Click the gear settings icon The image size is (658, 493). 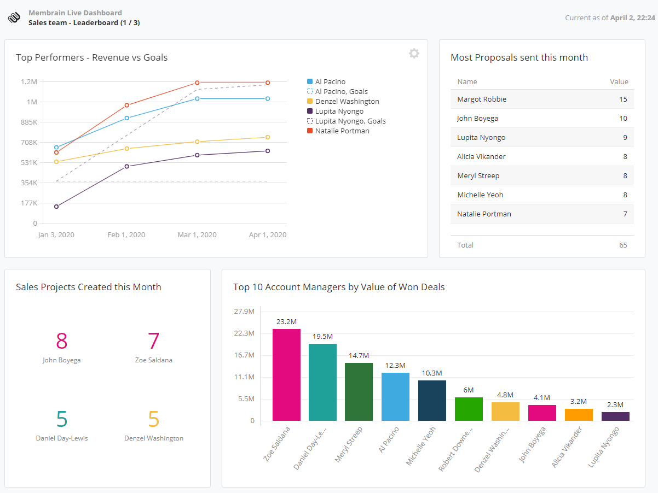click(414, 54)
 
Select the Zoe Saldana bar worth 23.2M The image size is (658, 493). click(286, 375)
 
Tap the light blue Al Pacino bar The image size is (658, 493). click(395, 397)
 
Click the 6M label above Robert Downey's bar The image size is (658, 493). click(468, 390)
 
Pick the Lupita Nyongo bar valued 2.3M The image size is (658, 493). click(615, 416)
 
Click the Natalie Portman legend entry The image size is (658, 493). click(342, 131)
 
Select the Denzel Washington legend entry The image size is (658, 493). click(347, 101)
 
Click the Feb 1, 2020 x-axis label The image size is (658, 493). click(126, 234)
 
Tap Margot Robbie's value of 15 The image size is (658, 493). click(623, 99)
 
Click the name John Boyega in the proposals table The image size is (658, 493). click(477, 118)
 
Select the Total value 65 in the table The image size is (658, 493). click(623, 245)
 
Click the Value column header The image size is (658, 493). click(619, 81)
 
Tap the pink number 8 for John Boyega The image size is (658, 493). click(61, 341)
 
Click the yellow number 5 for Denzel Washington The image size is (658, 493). click(153, 419)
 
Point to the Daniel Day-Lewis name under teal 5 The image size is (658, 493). click(62, 438)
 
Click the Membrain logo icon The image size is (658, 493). click(14, 17)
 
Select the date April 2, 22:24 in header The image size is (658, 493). click(632, 17)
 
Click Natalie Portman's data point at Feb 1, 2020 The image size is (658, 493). click(126, 105)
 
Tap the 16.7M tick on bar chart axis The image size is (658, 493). click(244, 355)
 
